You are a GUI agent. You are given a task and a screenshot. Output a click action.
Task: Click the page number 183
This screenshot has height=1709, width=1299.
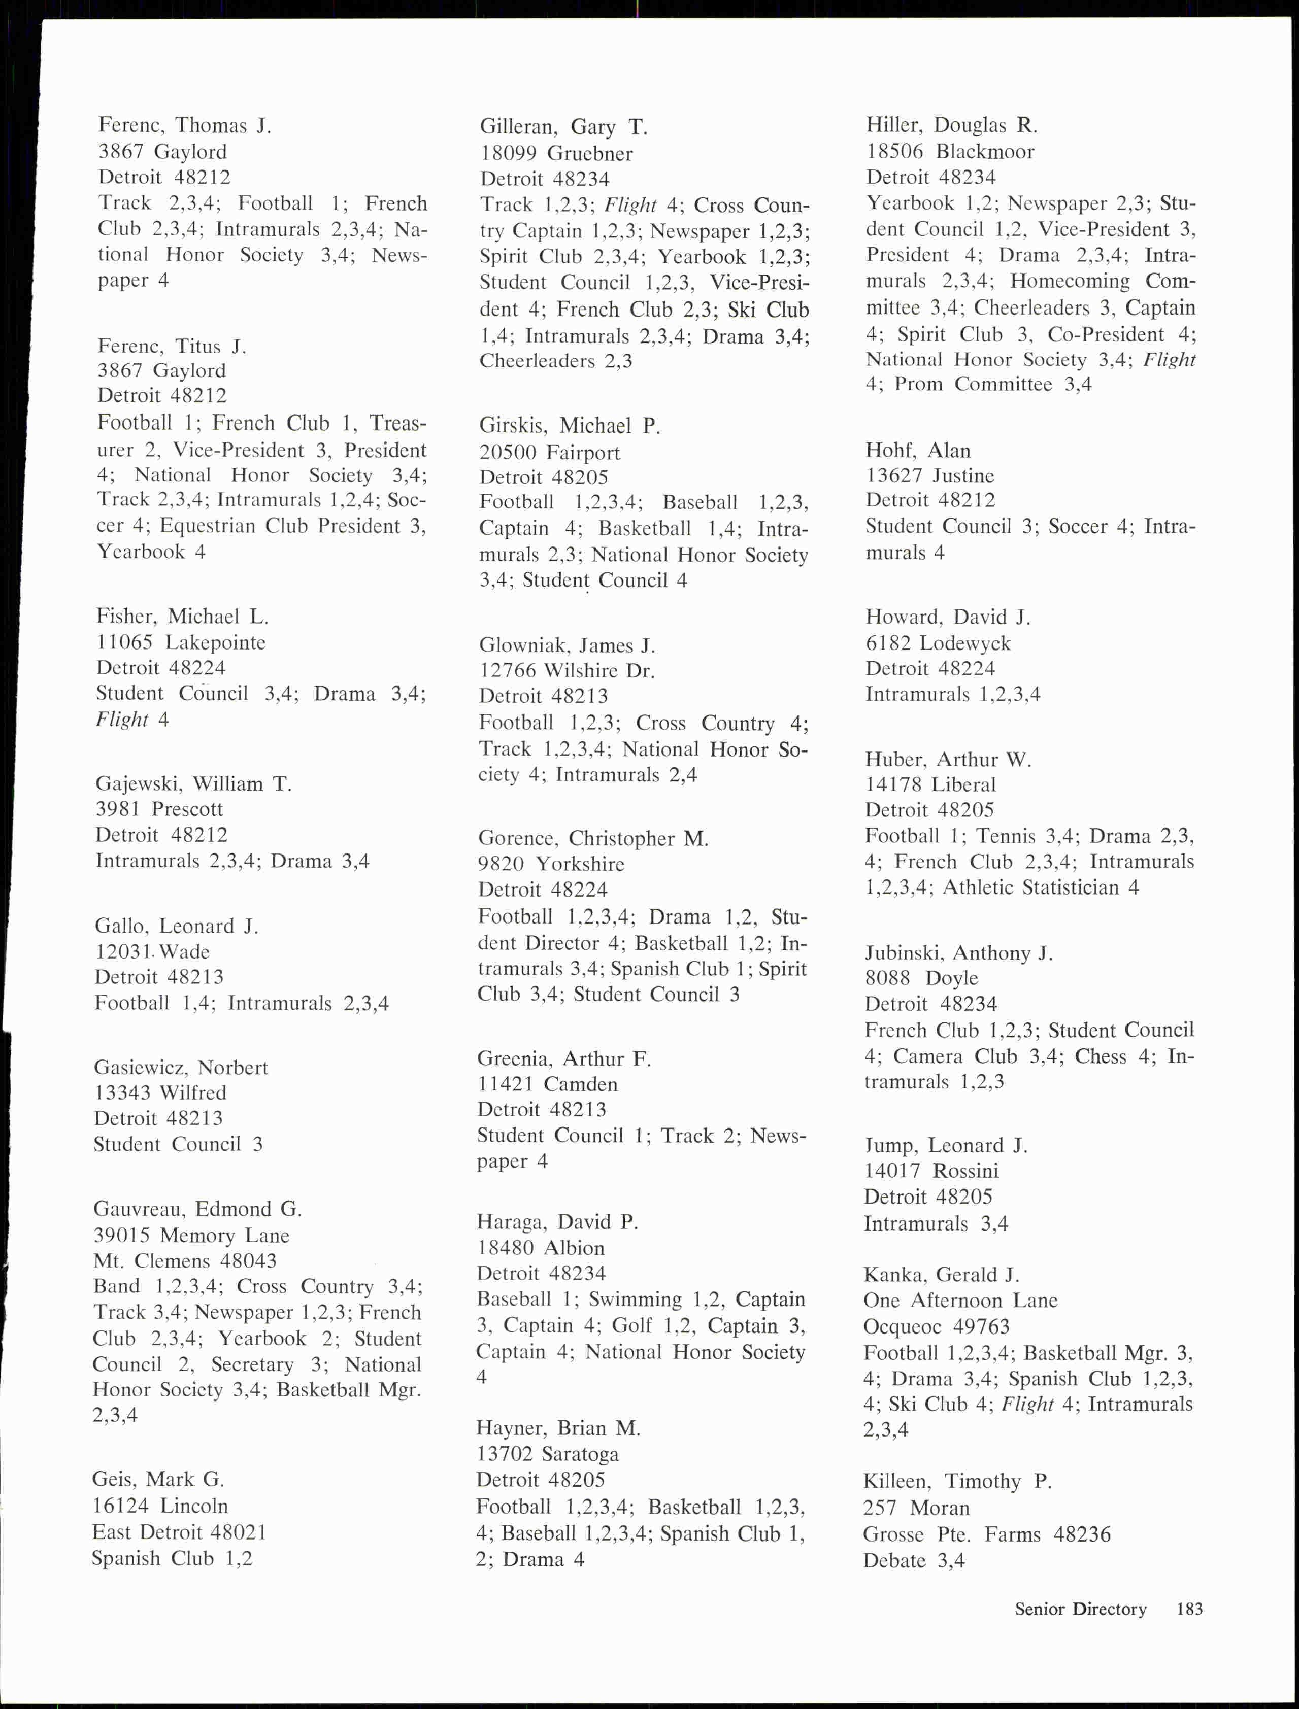(x=1189, y=1609)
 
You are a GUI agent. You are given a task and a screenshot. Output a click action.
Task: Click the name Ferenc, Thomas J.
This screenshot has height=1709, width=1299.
(x=185, y=125)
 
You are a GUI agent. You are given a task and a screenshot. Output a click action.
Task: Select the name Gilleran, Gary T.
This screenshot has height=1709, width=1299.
(x=563, y=127)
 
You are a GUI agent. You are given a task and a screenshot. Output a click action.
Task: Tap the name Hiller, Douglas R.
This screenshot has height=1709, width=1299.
(x=952, y=125)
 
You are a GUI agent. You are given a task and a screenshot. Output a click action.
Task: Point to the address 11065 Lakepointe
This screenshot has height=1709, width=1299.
(x=181, y=642)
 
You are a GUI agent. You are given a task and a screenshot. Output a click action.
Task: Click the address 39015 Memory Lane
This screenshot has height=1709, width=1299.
(x=191, y=1235)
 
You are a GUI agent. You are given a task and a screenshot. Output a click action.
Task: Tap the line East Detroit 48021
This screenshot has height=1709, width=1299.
(x=179, y=1532)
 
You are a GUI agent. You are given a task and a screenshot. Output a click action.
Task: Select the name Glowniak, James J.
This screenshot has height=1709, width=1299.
(x=567, y=645)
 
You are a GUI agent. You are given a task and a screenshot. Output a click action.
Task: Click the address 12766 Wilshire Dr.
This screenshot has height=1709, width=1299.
(x=567, y=671)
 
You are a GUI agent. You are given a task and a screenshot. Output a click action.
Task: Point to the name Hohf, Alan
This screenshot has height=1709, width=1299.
(x=918, y=451)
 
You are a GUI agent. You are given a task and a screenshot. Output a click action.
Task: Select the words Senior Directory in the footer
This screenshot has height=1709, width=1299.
(x=1080, y=1609)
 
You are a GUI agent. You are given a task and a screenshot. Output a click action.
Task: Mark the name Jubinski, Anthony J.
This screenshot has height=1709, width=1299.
(x=959, y=953)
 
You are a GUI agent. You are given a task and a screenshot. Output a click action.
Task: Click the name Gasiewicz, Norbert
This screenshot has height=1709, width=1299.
(x=181, y=1068)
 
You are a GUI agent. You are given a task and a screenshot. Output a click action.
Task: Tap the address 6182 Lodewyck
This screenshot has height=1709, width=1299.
(x=938, y=643)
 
